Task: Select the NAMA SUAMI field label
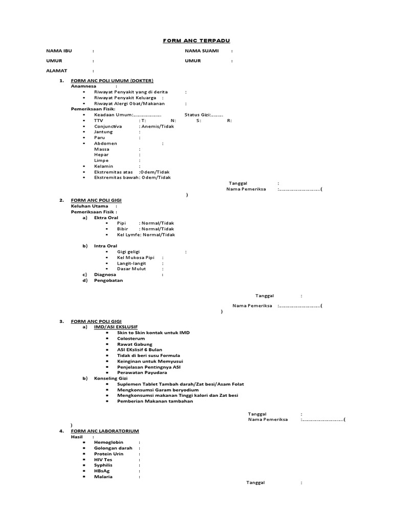202,51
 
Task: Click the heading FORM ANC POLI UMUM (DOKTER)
112,81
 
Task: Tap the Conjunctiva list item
108,126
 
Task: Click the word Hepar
101,154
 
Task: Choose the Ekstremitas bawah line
132,177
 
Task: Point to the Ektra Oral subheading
106,218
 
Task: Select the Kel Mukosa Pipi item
136,257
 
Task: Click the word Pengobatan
108,280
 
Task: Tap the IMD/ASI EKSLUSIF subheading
116,327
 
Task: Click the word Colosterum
131,338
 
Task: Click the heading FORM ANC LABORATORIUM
105,431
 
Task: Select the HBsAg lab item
102,471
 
